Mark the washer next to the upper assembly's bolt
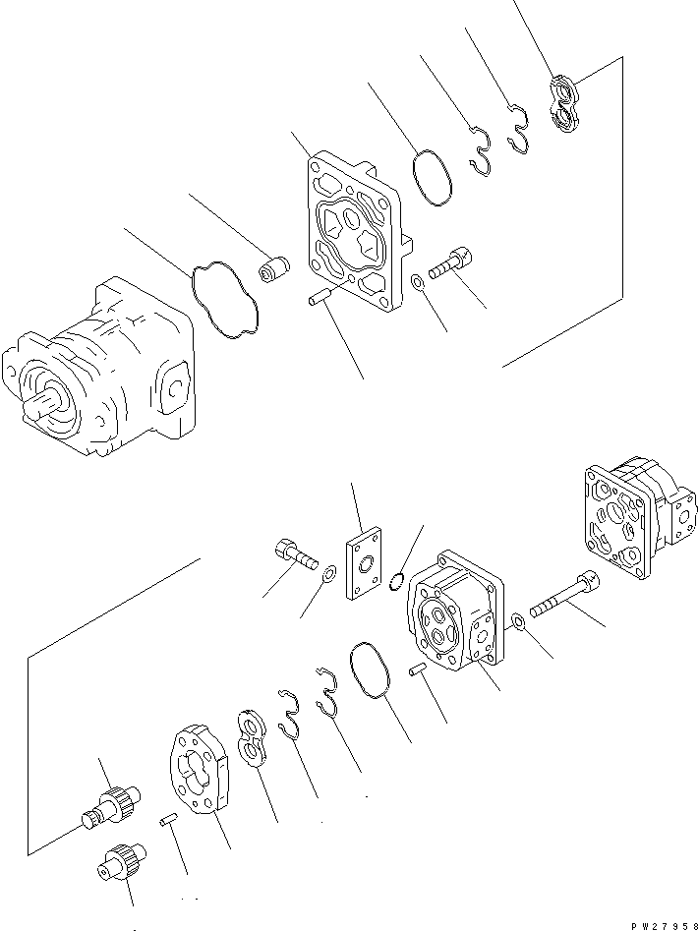pyautogui.click(x=418, y=283)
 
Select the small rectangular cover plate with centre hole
pyautogui.click(x=364, y=565)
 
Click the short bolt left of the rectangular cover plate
pyautogui.click(x=292, y=554)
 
